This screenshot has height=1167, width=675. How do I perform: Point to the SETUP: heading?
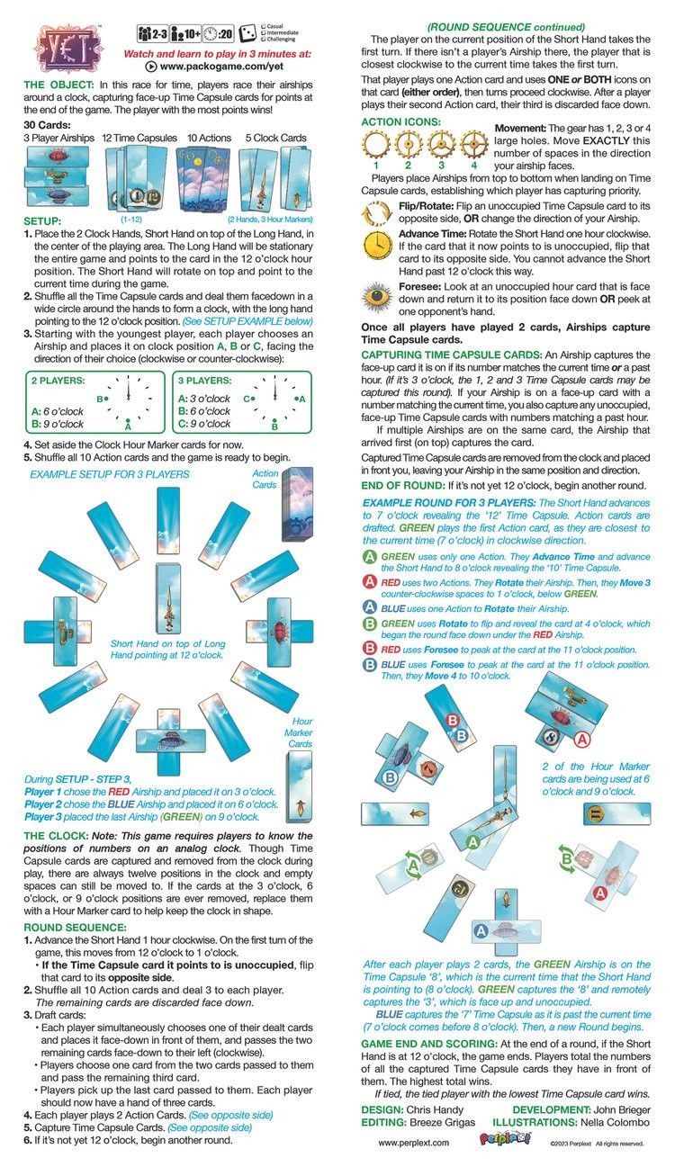[x=42, y=220]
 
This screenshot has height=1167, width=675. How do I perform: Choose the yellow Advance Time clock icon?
[x=374, y=246]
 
